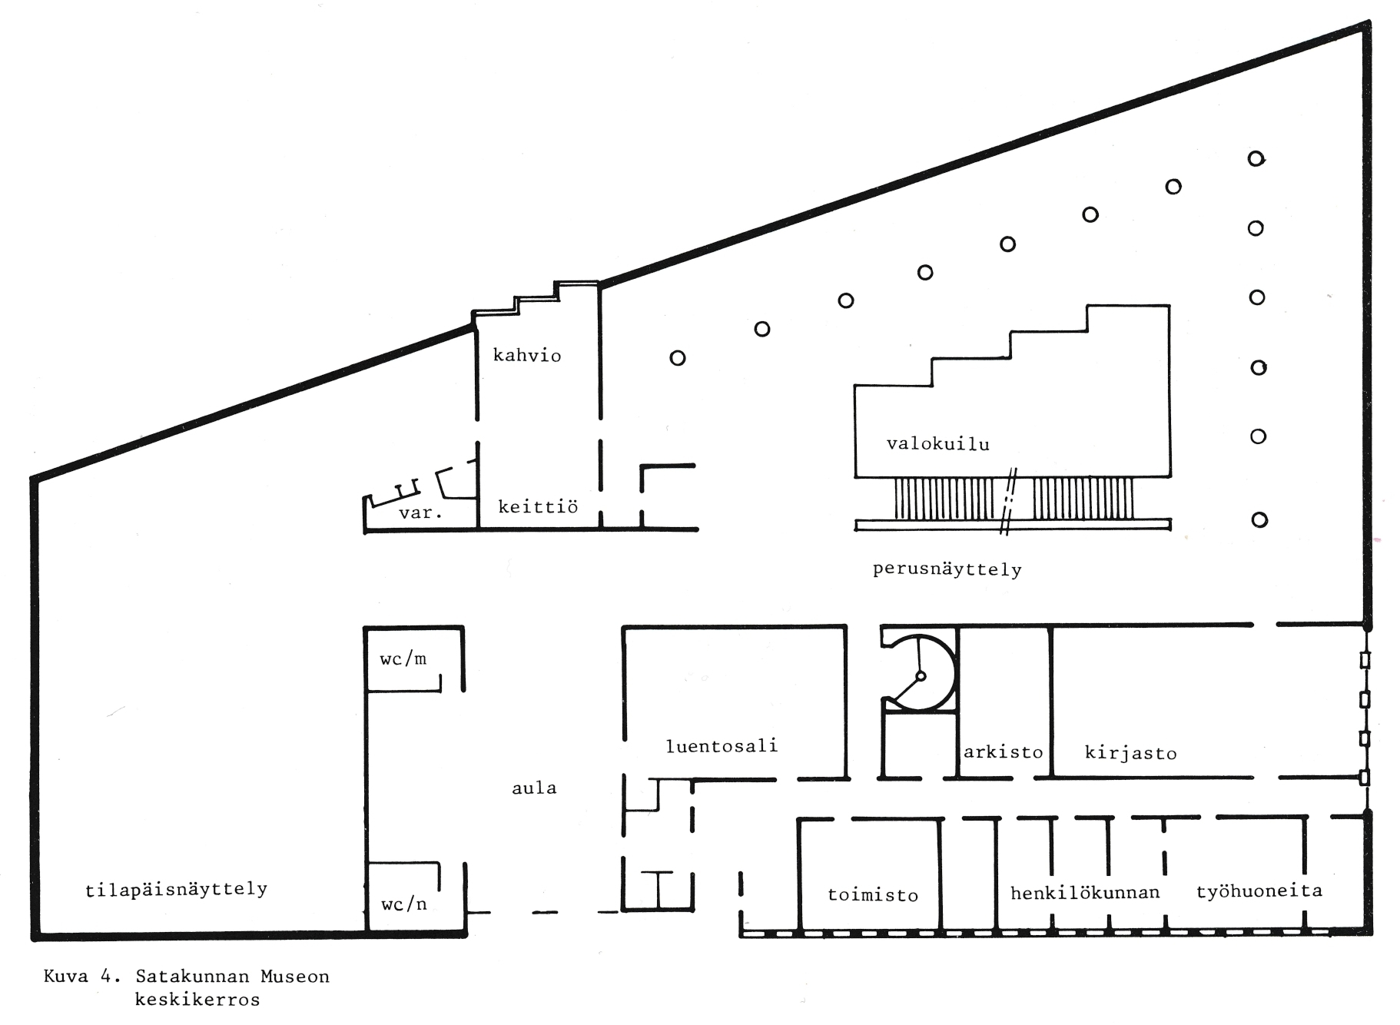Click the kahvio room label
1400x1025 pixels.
point(527,355)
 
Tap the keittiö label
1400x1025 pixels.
point(538,506)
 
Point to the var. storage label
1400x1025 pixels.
point(420,512)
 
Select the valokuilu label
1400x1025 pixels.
point(938,443)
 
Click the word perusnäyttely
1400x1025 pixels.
point(947,570)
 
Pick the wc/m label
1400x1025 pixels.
point(403,658)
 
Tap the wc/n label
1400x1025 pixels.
point(404,904)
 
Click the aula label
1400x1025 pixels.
point(534,788)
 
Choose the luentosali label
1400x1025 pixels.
point(722,745)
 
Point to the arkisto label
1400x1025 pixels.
point(1003,751)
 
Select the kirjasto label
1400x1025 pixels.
point(1130,752)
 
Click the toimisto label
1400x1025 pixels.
point(873,894)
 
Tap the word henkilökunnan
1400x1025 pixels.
point(1085,892)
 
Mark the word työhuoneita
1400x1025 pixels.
point(1259,891)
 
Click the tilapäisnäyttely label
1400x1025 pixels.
point(176,889)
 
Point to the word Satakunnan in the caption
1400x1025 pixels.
point(192,977)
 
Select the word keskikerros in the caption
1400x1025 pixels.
point(197,1000)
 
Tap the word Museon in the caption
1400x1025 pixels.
point(295,977)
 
